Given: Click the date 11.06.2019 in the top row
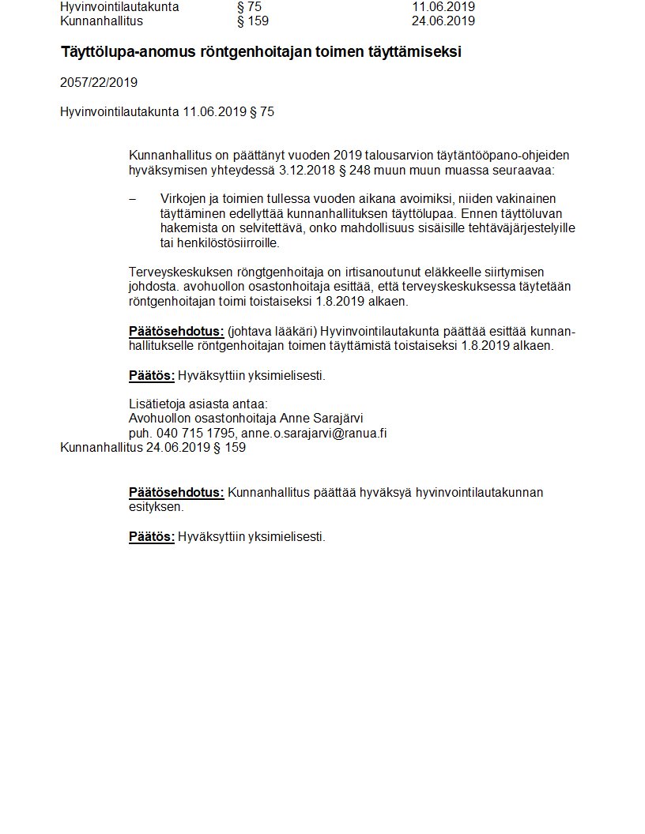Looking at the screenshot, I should point(443,7).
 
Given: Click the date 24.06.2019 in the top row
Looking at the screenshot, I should point(443,21).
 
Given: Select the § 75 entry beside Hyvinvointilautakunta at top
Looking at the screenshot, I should point(249,7).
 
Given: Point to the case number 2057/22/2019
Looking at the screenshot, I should point(99,82).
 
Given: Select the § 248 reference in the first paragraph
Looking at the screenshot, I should point(354,170).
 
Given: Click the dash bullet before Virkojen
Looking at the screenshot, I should point(132,198).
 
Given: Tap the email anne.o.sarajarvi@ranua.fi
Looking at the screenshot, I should point(314,434).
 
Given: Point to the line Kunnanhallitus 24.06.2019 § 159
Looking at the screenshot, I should point(153,448).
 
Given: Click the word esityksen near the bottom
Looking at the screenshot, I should point(156,507).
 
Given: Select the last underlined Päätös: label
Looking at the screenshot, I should point(152,537).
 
